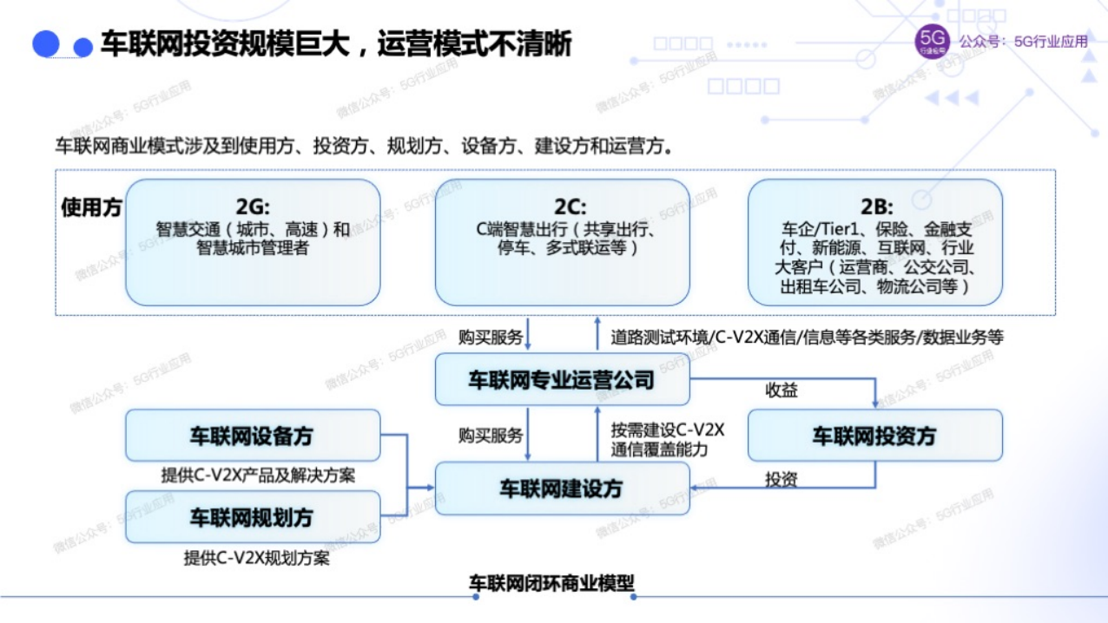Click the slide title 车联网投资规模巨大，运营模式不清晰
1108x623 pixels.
pyautogui.click(x=336, y=44)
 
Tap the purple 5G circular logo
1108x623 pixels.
pyautogui.click(x=933, y=42)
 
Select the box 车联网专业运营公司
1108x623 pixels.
pyautogui.click(x=562, y=380)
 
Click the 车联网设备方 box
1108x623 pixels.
pyautogui.click(x=253, y=436)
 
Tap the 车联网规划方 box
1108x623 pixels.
pyautogui.click(x=253, y=517)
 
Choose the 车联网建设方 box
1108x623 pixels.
pyautogui.click(x=562, y=489)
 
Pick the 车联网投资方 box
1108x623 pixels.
pyautogui.click(x=874, y=436)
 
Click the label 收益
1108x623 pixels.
pyautogui.click(x=782, y=390)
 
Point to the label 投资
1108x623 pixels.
pyautogui.click(x=782, y=478)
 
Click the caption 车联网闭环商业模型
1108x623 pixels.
pyautogui.click(x=551, y=583)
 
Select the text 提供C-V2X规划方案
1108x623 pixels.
pyautogui.click(x=256, y=558)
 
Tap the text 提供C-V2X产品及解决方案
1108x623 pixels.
pyautogui.click(x=258, y=475)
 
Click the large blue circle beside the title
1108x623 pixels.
pyautogui.click(x=46, y=43)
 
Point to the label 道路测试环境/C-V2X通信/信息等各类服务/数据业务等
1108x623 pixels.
pyautogui.click(x=807, y=337)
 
